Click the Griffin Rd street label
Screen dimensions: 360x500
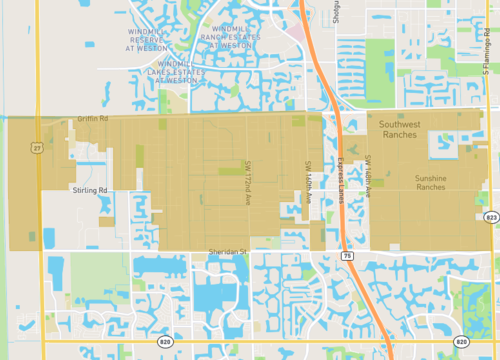coord(92,118)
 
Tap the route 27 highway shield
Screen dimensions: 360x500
coord(37,147)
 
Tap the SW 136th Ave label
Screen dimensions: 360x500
coord(368,170)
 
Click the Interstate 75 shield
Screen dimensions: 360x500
coord(346,256)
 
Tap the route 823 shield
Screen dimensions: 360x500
coord(490,216)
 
